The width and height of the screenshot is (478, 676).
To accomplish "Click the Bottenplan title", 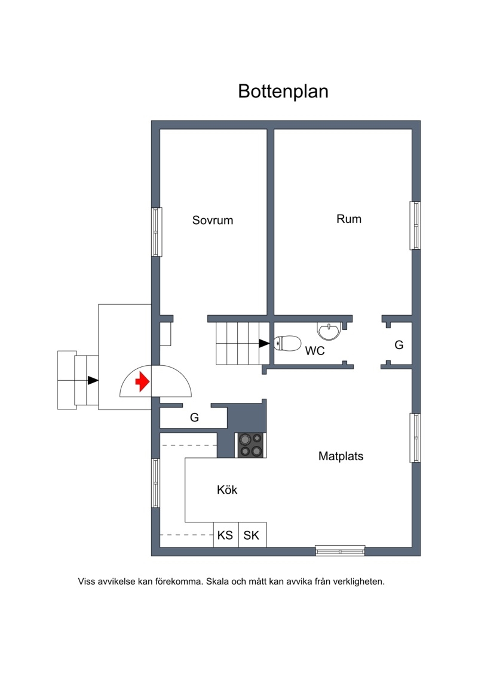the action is click(x=283, y=91).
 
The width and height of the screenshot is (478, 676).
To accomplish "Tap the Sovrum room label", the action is click(x=213, y=221).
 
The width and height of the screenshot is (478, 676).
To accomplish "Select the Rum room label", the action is click(x=349, y=219).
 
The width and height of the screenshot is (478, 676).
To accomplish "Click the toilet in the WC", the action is click(x=287, y=344).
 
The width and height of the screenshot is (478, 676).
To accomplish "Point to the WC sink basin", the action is click(x=329, y=331).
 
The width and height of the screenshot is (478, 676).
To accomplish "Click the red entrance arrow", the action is click(x=142, y=381).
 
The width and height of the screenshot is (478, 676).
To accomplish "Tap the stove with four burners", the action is click(x=251, y=445).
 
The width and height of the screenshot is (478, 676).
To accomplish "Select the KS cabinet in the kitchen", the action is click(x=226, y=535).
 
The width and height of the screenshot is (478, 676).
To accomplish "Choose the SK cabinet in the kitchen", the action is click(x=252, y=535).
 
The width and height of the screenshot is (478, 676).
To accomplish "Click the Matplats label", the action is click(x=341, y=456).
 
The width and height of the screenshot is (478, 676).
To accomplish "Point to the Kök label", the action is click(x=227, y=490).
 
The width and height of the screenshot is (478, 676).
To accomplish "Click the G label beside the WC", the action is click(x=399, y=345).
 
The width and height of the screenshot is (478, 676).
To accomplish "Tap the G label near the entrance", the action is click(x=194, y=417).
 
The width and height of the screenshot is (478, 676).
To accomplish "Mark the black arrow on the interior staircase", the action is click(x=263, y=343).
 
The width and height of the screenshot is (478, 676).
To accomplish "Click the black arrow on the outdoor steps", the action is click(x=93, y=380).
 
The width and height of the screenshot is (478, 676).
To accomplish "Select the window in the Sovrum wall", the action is click(x=156, y=232).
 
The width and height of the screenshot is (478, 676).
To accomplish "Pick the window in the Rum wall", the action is click(x=415, y=225).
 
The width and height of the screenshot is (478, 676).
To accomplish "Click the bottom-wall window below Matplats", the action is click(x=340, y=550).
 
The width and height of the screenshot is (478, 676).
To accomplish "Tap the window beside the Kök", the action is click(x=156, y=483).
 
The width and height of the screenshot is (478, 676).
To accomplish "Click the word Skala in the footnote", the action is click(x=217, y=582).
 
